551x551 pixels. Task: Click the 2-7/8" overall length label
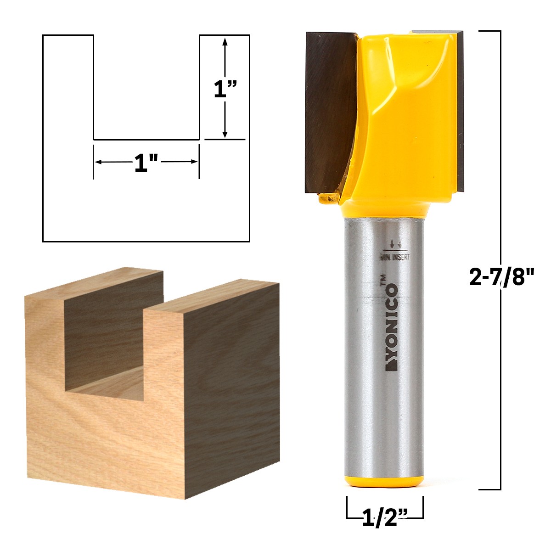point(502,277)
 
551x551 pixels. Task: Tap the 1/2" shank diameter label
point(385,518)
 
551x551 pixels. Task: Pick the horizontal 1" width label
point(146,163)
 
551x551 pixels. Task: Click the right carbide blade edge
point(460,110)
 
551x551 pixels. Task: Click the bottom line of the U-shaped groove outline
point(146,139)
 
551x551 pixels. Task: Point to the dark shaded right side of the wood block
point(232,390)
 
